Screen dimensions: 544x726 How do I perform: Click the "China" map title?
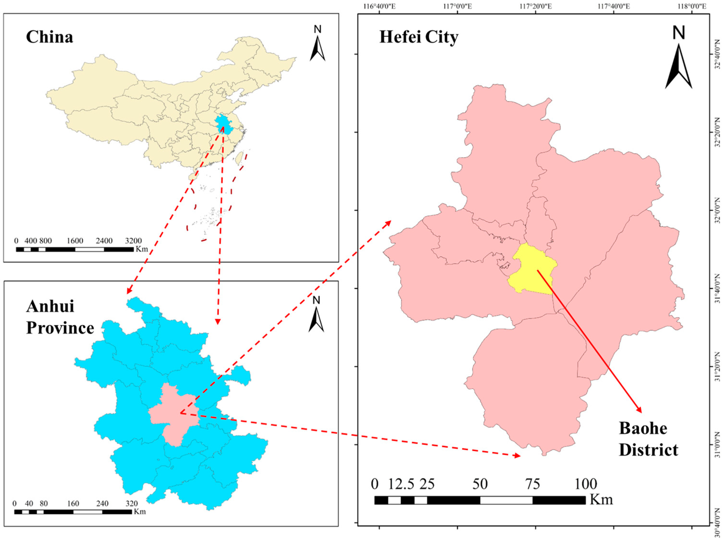(x=50, y=37)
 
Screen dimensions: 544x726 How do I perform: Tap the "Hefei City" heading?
(x=419, y=37)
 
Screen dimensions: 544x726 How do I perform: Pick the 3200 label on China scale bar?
(x=133, y=241)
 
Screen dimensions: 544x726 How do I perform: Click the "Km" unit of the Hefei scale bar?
(x=601, y=500)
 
